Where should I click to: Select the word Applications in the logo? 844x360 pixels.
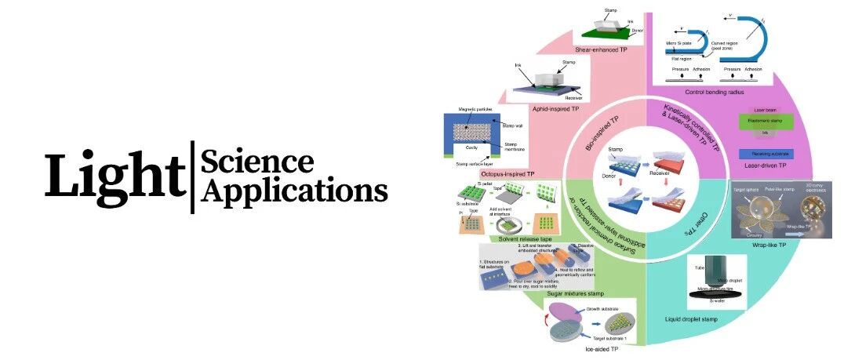click(294, 191)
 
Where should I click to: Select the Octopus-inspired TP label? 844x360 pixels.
click(487, 173)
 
